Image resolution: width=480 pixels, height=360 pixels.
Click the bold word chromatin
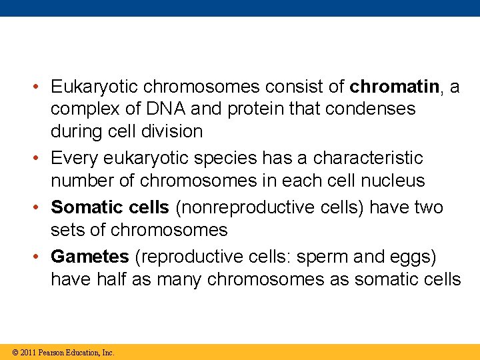(394, 87)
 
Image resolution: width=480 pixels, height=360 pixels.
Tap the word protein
(257, 109)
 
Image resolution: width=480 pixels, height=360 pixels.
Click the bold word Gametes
(90, 257)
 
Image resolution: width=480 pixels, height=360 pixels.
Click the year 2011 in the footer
(27, 353)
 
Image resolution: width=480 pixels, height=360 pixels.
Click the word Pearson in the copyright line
(52, 353)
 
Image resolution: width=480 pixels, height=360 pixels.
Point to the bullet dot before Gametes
(41, 257)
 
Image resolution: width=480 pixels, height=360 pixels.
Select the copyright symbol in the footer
(15, 353)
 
